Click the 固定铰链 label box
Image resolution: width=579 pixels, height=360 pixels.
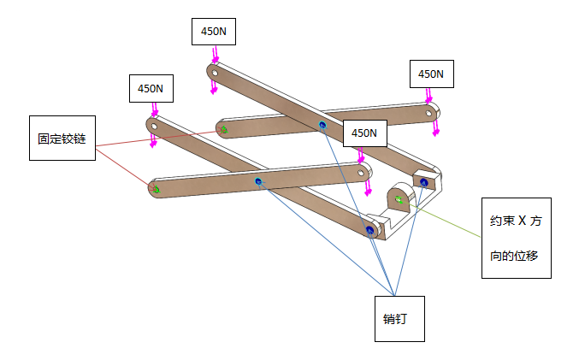(62, 138)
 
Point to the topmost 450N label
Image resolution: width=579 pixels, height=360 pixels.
(213, 32)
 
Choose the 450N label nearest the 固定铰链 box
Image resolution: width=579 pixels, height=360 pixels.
(151, 88)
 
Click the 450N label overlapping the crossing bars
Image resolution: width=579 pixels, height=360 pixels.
(363, 133)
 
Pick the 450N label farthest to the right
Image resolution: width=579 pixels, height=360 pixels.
(431, 74)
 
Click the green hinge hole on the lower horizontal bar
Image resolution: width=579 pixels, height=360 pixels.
(157, 189)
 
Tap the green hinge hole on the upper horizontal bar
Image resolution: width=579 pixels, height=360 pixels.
(224, 130)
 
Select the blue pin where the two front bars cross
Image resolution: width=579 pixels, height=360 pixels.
(258, 181)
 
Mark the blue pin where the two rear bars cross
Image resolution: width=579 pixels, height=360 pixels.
(322, 126)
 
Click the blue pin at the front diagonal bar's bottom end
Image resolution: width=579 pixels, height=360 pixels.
(369, 230)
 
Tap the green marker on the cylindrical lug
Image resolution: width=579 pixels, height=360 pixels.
(399, 200)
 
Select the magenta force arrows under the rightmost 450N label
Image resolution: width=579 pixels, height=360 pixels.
(437, 125)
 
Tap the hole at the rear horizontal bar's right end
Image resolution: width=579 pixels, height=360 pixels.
(431, 110)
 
